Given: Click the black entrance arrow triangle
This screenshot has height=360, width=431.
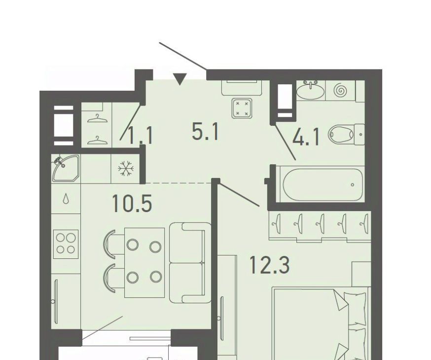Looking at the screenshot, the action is tap(180, 79).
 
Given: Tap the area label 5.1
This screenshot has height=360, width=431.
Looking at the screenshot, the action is tap(205, 132).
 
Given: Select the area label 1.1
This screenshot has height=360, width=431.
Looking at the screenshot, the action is tap(141, 136).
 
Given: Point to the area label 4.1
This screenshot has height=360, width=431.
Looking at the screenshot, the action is tap(306, 138).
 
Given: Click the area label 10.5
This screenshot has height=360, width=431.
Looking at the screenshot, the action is tap(132, 203).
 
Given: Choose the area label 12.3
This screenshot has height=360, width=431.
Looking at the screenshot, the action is tap(269, 265).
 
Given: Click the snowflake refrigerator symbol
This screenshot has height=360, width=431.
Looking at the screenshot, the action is tap(126, 169).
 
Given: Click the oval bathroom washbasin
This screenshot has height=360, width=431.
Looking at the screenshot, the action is tap(311, 90).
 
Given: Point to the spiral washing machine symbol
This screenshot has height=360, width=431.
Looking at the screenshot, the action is tap(340, 90).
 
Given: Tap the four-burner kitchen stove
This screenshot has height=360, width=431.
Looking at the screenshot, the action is tap(66, 244).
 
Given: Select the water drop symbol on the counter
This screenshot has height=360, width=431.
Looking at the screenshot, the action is tap(66, 198).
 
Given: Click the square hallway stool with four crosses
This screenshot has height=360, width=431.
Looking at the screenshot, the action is tap(242, 108).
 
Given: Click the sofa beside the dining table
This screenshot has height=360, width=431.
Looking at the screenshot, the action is tap(190, 263).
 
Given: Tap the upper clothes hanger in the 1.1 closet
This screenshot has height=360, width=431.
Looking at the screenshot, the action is tap(97, 119).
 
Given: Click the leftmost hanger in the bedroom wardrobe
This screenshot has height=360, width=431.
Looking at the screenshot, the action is tap(277, 224).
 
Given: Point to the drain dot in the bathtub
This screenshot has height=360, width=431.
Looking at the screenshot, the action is tap(353, 184).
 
